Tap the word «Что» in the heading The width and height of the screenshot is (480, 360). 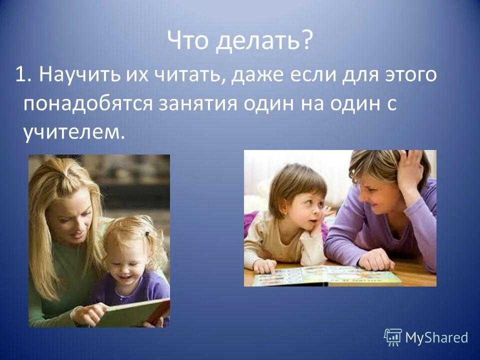tap(187, 40)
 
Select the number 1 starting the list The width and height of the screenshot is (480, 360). tap(21, 76)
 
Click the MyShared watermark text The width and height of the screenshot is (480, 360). tap(436, 337)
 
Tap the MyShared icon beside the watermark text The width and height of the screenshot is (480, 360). tap(393, 337)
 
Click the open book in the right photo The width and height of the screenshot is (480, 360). tap(327, 275)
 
